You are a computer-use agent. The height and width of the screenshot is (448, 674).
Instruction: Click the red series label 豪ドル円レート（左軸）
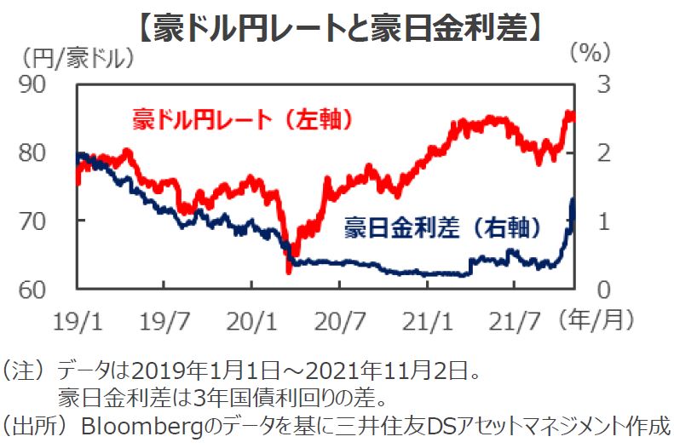[243, 120]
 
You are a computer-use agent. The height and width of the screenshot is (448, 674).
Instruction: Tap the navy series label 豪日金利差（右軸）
[442, 227]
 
